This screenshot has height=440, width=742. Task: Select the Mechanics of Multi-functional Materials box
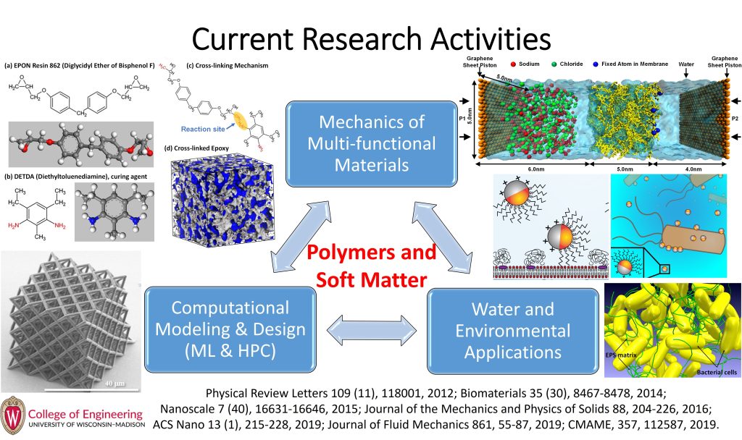[372, 143]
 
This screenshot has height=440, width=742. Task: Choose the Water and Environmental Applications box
[512, 331]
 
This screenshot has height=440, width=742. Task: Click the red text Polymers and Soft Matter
[371, 265]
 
